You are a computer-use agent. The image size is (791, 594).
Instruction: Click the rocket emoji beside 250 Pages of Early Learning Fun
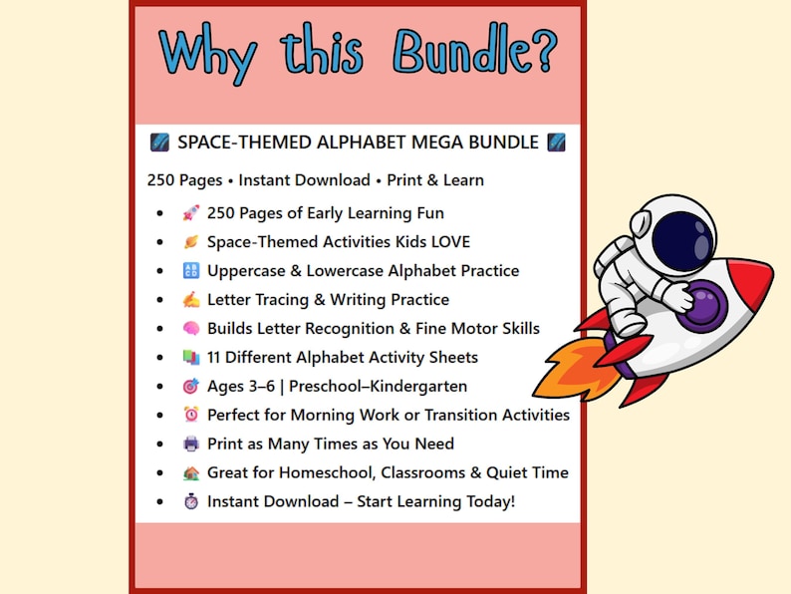tap(191, 212)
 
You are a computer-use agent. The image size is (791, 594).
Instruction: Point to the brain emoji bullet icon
tap(191, 328)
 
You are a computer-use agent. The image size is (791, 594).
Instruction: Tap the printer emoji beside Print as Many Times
tap(191, 444)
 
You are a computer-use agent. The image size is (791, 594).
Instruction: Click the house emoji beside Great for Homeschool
tap(191, 472)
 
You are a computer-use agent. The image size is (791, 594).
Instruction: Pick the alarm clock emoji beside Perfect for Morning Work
tap(191, 415)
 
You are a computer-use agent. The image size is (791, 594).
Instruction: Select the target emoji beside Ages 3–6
tap(191, 386)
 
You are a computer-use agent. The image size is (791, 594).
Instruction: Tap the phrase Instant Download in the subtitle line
tap(303, 180)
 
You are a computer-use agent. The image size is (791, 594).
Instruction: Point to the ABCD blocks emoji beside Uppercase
tap(191, 270)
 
